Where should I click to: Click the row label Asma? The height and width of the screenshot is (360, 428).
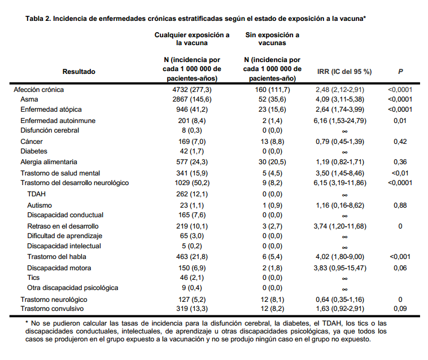click(x=29, y=99)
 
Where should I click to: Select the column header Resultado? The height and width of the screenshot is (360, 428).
click(x=79, y=72)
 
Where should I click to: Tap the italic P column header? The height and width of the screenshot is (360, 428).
click(x=400, y=72)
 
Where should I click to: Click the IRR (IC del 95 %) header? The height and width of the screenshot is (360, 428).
click(x=344, y=72)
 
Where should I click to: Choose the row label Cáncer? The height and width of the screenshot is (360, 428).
click(x=32, y=141)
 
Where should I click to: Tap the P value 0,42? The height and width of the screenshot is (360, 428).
click(x=400, y=141)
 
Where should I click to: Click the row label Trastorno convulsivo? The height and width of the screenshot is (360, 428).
click(x=52, y=309)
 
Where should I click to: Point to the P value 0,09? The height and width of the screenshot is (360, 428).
click(x=400, y=309)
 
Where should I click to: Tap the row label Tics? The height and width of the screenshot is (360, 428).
click(x=33, y=278)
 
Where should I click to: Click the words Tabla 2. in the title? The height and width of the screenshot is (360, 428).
click(x=38, y=19)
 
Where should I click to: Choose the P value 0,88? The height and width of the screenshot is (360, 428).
click(x=400, y=205)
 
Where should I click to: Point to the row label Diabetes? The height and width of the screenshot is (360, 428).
click(x=34, y=151)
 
